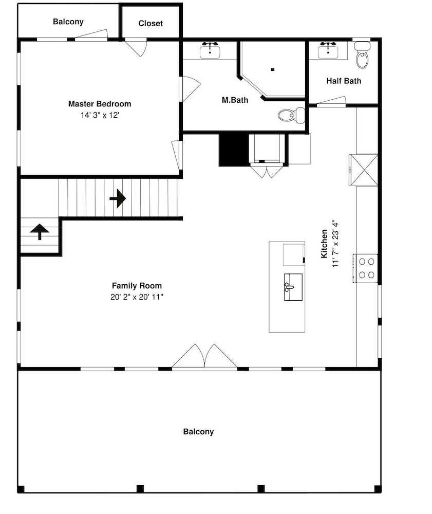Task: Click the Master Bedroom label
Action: click(100, 104)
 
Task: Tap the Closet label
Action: click(151, 23)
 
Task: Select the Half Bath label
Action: click(344, 81)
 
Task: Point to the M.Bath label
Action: click(235, 100)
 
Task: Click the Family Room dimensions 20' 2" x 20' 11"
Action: click(137, 297)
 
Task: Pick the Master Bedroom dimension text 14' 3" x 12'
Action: click(100, 115)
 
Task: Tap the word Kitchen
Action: click(324, 244)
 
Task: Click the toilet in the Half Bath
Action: click(362, 55)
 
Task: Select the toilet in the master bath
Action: click(292, 115)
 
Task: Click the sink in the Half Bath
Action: click(328, 50)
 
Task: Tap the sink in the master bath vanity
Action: click(210, 50)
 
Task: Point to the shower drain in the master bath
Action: click(272, 69)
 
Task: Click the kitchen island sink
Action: click(293, 287)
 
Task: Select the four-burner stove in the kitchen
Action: click(365, 268)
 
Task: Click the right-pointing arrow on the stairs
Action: click(118, 198)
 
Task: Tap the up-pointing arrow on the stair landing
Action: click(40, 232)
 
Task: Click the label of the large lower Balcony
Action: click(198, 431)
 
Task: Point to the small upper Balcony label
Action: click(68, 22)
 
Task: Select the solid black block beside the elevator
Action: click(234, 150)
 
